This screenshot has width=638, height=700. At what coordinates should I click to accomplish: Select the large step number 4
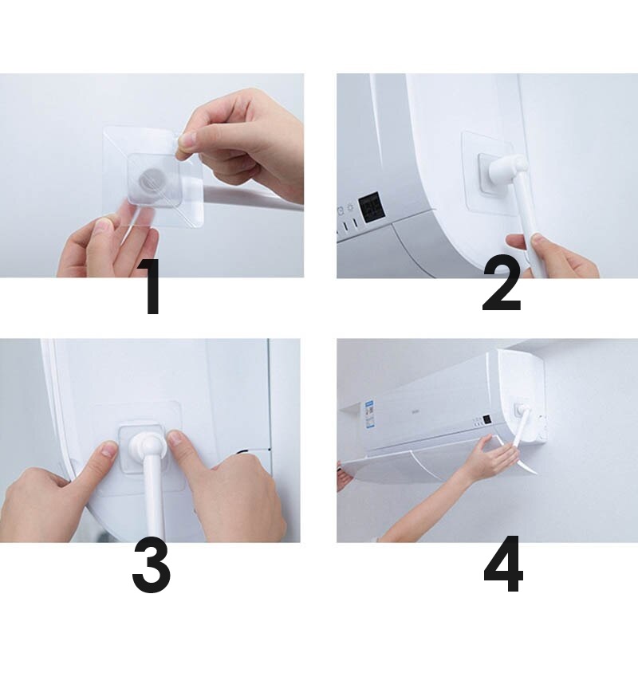503,564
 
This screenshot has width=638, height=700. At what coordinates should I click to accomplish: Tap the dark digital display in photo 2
370,207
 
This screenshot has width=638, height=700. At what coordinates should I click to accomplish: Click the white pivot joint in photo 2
507,169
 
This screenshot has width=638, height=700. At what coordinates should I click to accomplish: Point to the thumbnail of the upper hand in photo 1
187,142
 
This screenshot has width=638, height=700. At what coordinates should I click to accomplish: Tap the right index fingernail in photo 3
175,438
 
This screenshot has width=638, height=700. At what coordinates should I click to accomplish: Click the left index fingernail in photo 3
108,449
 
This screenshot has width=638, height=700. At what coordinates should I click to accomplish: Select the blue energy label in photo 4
369,415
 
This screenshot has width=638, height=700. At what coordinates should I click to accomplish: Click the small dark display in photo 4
486,419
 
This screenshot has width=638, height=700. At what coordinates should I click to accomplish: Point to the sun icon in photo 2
351,208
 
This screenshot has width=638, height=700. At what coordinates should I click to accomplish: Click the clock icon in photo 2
341,210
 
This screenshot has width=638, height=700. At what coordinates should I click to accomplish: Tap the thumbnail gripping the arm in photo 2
539,239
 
